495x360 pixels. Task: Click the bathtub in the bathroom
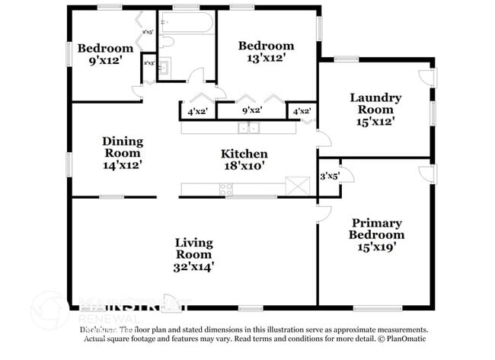tap(187, 22)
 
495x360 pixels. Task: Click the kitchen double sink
tap(248, 128)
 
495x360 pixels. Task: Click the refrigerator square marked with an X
tap(295, 186)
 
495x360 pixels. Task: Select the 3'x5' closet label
tap(330, 176)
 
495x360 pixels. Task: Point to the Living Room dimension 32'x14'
tap(194, 266)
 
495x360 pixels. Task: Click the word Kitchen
tap(244, 154)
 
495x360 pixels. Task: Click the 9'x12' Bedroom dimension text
tap(105, 62)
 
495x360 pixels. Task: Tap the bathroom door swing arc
tap(196, 75)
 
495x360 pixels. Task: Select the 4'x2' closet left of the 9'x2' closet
tap(197, 111)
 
